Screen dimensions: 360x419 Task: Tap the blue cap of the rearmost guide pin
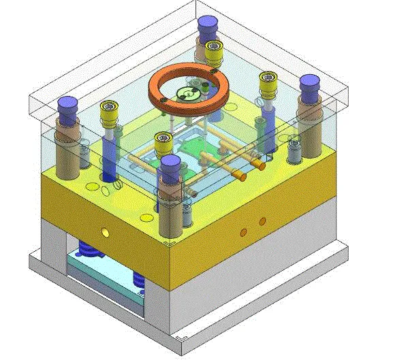206,25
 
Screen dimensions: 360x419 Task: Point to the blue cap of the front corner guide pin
170,165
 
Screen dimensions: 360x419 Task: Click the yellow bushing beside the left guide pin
108,110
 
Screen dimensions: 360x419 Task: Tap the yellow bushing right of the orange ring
266,81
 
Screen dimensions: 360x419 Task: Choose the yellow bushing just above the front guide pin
163,141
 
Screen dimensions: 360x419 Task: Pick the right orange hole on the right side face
262,221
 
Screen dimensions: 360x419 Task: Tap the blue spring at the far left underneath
87,248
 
